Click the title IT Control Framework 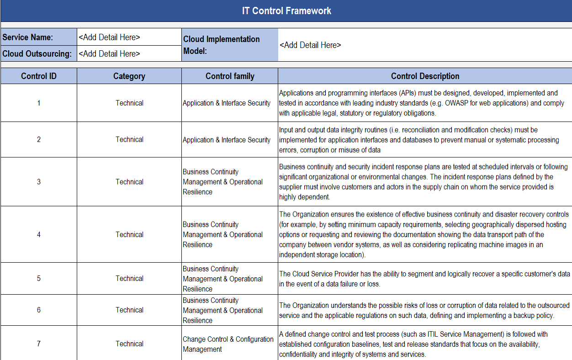pyautogui.click(x=286, y=11)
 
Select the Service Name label pyautogui.click(x=28, y=37)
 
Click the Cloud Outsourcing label pyautogui.click(x=37, y=54)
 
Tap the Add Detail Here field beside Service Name pyautogui.click(x=109, y=37)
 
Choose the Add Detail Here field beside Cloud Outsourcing pyautogui.click(x=109, y=54)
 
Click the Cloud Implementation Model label pyautogui.click(x=222, y=45)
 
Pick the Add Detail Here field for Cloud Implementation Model pyautogui.click(x=310, y=45)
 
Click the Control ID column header pyautogui.click(x=39, y=76)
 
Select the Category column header pyautogui.click(x=129, y=76)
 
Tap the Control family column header pyautogui.click(x=230, y=76)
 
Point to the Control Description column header pyautogui.click(x=425, y=76)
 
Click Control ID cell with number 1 pyautogui.click(x=39, y=103)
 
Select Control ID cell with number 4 pyautogui.click(x=39, y=235)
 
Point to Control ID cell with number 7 pyautogui.click(x=39, y=344)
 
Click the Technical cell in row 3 pyautogui.click(x=129, y=182)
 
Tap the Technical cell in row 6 pyautogui.click(x=129, y=310)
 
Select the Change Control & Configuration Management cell pyautogui.click(x=228, y=344)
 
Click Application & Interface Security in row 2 pyautogui.click(x=227, y=140)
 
